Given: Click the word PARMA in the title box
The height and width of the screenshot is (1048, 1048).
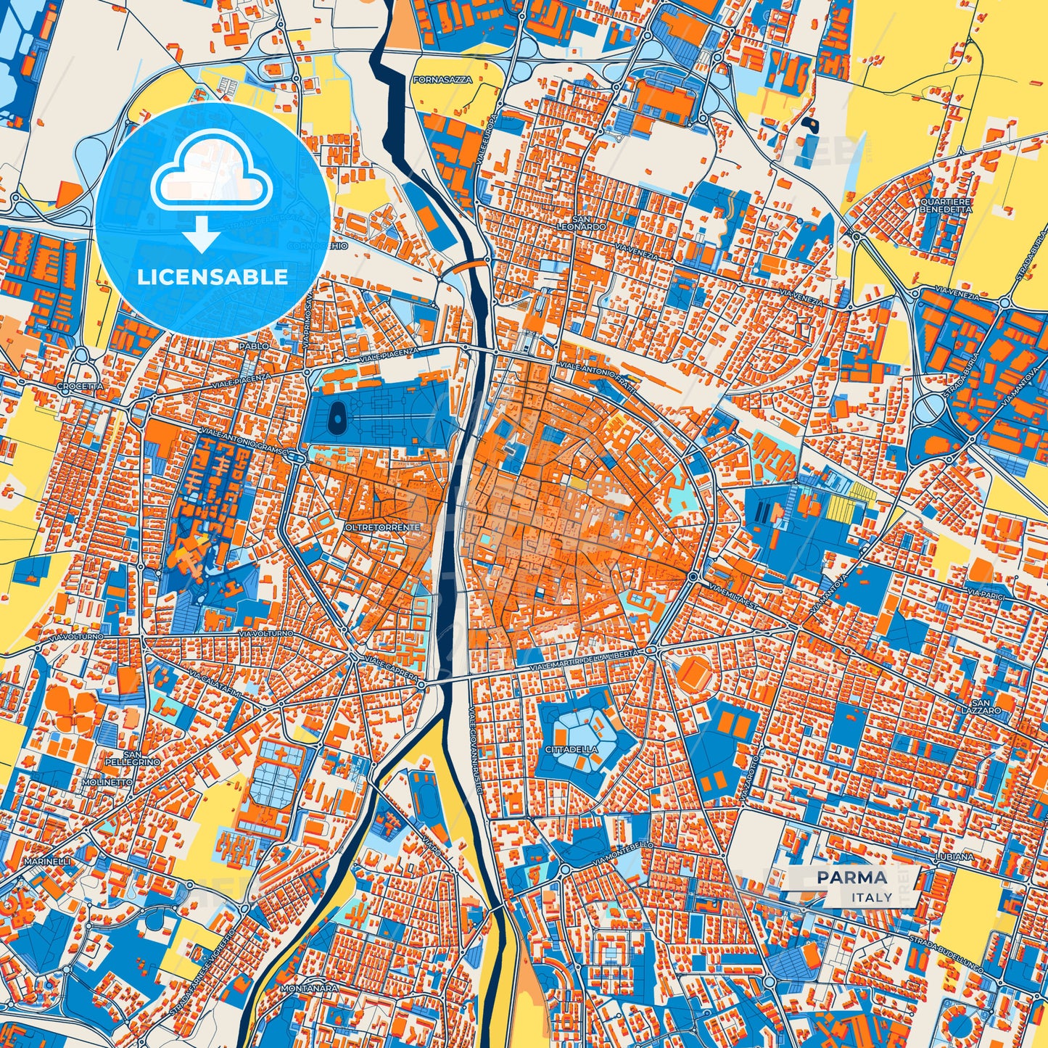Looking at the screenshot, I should point(851,878).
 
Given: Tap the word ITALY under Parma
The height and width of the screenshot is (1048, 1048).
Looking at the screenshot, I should point(872,897).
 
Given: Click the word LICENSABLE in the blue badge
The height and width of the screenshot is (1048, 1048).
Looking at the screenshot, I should point(213,277).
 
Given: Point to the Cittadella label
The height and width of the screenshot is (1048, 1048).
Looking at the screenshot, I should point(572,748).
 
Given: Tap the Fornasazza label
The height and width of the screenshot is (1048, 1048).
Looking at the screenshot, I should point(442,80).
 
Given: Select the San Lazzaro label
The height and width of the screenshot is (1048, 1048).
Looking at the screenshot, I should point(986,706).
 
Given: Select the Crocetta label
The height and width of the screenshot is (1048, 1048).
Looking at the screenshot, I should point(81,387).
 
